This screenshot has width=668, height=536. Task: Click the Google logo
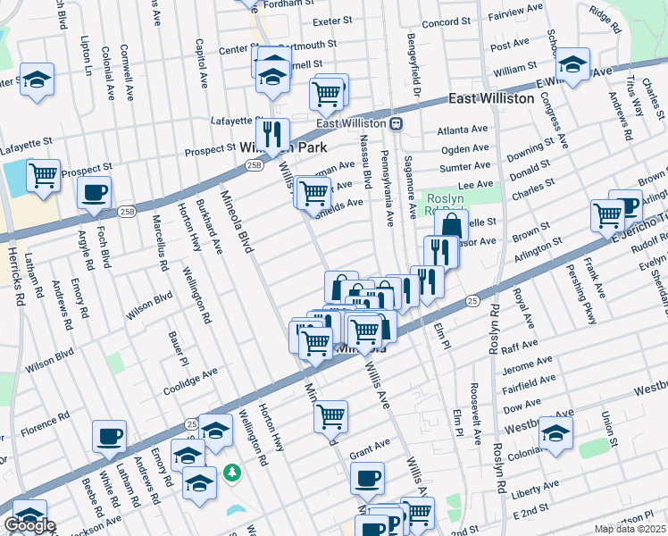click(x=29, y=525)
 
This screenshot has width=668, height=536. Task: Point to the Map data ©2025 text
click(x=630, y=529)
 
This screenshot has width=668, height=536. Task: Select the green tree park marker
click(x=232, y=470)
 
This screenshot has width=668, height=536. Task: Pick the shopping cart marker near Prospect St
click(x=43, y=175)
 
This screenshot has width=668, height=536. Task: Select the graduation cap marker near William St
click(x=572, y=64)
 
